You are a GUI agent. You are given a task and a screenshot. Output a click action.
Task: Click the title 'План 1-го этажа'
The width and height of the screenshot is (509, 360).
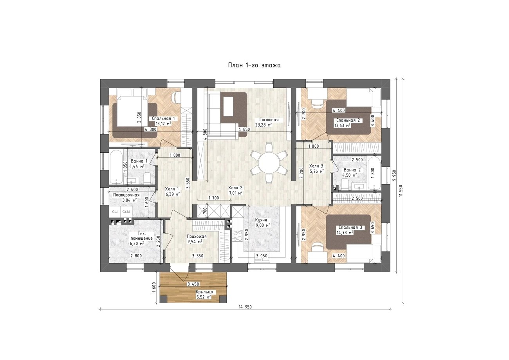tap(254, 65)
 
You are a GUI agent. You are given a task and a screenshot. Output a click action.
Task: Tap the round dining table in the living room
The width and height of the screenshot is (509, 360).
tap(269, 163)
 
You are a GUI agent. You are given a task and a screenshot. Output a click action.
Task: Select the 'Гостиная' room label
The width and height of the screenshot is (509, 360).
tap(269, 120)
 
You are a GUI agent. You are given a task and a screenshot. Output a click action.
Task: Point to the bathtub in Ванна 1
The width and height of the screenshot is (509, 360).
tap(116, 167)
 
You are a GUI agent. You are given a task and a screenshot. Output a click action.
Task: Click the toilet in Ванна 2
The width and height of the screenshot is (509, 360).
tap(345, 184)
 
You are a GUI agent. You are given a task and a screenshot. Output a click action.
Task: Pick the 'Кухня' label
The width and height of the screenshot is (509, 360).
tap(261, 220)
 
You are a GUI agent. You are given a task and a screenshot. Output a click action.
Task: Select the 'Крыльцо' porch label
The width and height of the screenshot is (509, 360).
tap(204, 292)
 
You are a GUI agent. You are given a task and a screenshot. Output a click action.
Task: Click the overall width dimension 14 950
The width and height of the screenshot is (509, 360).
tap(245, 307)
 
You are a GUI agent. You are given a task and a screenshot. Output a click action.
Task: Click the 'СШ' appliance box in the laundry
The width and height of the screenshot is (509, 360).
tap(115, 212)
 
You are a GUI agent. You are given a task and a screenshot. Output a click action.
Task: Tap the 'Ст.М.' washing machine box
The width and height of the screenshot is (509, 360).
tap(126, 212)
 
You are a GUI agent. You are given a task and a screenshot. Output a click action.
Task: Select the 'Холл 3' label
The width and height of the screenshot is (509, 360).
tap(316, 166)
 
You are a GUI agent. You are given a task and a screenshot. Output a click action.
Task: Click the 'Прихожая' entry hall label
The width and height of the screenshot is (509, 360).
tap(197, 236)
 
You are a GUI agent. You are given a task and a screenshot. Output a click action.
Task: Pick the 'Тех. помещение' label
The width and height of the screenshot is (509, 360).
tap(141, 236)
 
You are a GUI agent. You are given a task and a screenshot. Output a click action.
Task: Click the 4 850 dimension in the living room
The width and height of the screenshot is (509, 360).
tap(244, 130)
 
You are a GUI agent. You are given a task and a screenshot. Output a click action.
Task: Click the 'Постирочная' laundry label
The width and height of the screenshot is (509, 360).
tap(126, 195)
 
